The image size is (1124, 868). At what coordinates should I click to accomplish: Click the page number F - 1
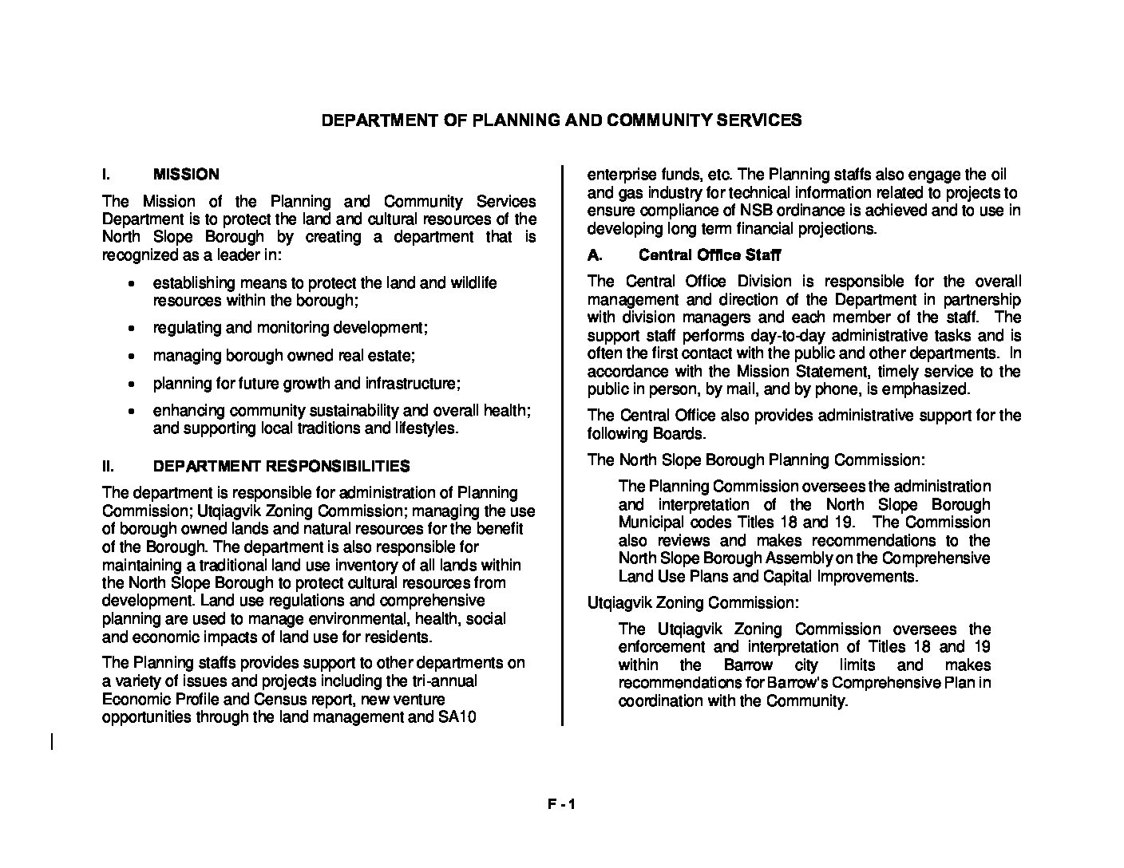(x=561, y=805)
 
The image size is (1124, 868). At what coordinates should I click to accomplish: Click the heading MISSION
(x=186, y=174)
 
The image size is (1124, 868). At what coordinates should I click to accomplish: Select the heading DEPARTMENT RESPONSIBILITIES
(x=281, y=466)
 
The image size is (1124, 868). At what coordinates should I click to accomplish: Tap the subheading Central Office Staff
(x=710, y=255)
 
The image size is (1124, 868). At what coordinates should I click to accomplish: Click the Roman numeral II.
(x=108, y=466)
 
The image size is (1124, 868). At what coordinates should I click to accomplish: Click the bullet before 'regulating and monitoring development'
(x=132, y=329)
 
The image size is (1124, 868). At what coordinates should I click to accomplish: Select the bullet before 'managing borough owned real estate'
(x=132, y=357)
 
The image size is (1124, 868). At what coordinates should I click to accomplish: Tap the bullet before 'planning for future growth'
(x=132, y=385)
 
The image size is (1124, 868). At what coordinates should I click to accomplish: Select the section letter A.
(x=593, y=255)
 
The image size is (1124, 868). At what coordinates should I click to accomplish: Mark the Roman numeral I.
(x=105, y=174)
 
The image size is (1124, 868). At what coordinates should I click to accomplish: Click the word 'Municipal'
(x=651, y=523)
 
